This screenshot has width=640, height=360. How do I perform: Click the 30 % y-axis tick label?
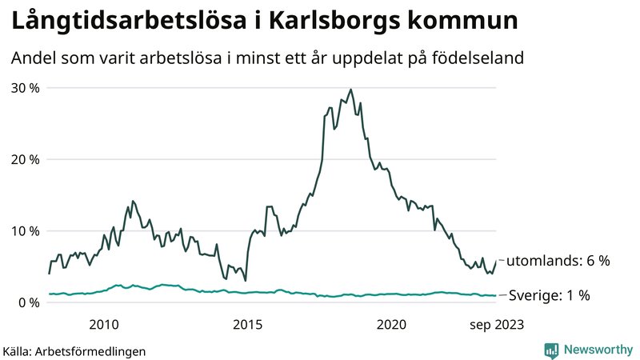tap(25, 87)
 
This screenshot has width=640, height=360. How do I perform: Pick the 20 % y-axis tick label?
tap(25, 159)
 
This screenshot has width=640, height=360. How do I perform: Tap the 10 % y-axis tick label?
tap(25, 230)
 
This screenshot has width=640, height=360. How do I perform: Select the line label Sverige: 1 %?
tap(550, 295)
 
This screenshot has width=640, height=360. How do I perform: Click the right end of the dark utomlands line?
tap(496, 261)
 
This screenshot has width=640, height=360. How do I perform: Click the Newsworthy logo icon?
tap(551, 350)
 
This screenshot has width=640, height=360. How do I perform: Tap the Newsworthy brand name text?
tap(597, 350)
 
